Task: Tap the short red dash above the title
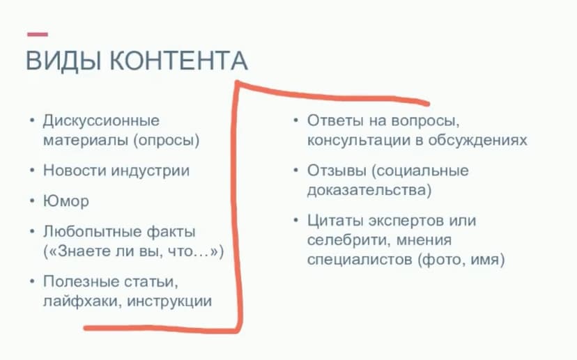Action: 37,34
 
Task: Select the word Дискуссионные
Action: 101,120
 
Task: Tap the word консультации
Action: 356,140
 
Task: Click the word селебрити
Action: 344,240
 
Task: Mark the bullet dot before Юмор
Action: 31,201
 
